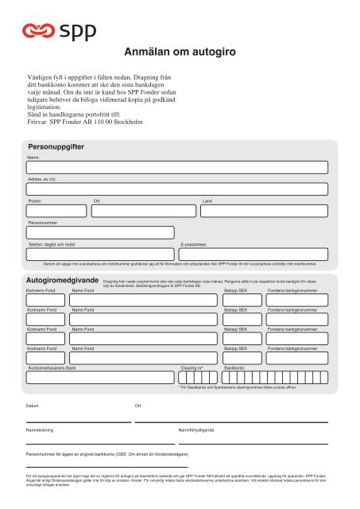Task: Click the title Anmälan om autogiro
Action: (178, 53)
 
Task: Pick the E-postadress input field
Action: (254, 254)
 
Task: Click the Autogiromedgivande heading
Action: (62, 282)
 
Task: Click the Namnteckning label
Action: (40, 429)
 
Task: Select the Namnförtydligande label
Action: (196, 429)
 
